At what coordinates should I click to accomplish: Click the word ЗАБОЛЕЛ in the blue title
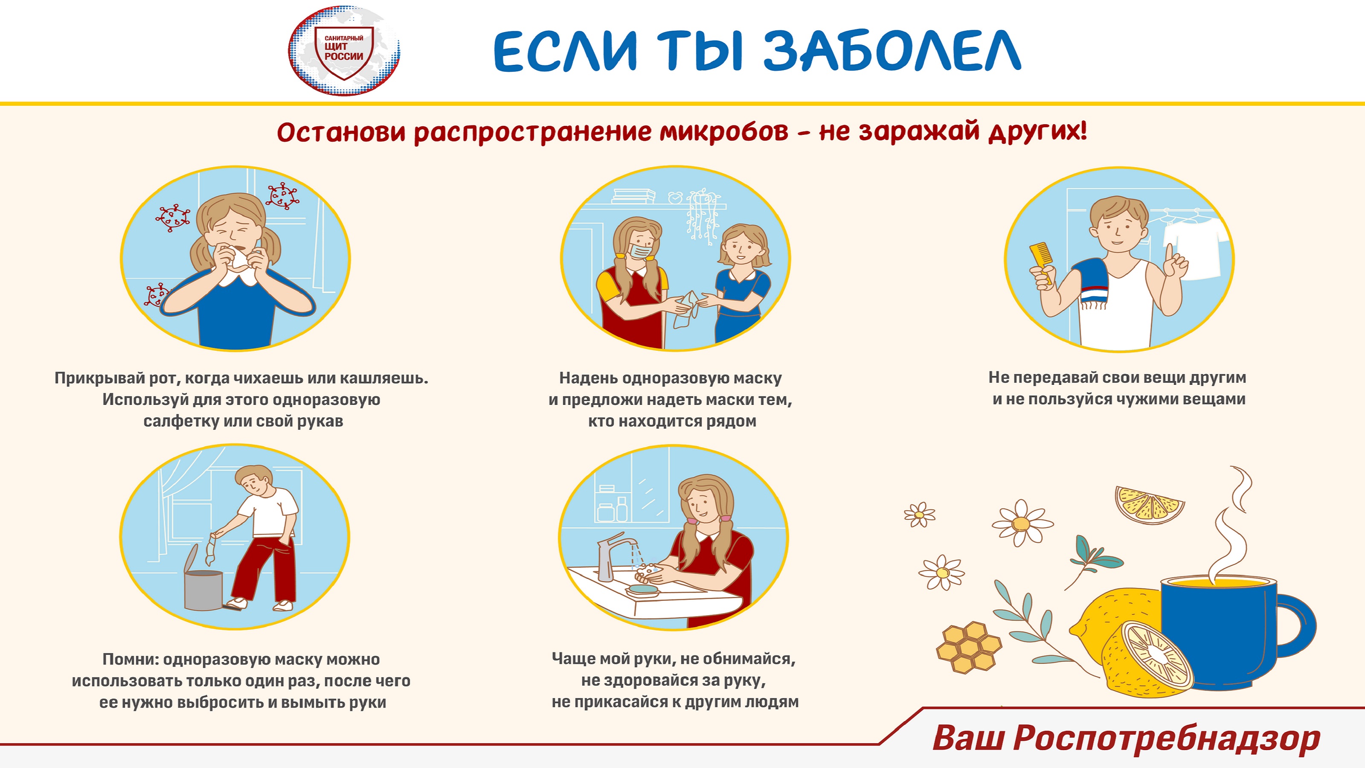pos(892,51)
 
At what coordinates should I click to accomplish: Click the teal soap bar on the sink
pos(643,588)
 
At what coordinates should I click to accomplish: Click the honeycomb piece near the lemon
pos(969,647)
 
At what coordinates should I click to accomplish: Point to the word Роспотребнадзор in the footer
pos(1166,738)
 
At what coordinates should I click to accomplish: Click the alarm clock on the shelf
pos(675,197)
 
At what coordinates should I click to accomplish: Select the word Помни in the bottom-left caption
pos(130,659)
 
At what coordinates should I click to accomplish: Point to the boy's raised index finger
pos(1168,253)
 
